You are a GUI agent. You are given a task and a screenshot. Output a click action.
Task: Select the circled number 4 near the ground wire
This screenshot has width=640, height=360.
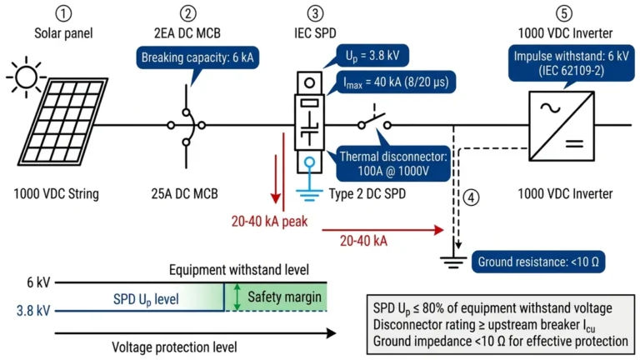[472, 199]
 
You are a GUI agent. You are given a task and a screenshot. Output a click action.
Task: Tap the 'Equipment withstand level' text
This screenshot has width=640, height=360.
[240, 270]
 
